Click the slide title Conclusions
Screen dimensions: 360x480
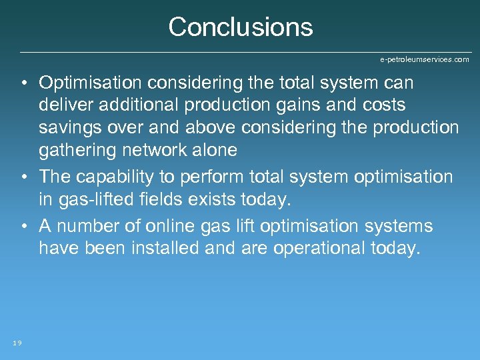pos(240,27)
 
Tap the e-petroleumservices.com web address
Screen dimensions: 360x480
pos(424,59)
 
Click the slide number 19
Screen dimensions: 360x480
pos(17,343)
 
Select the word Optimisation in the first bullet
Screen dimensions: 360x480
pos(90,83)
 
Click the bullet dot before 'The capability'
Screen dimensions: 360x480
pos(23,177)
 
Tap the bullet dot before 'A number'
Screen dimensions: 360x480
pos(23,227)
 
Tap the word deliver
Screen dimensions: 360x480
pos(65,105)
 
